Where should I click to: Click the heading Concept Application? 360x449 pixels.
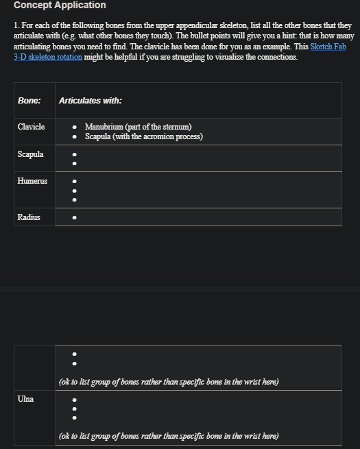tap(60, 5)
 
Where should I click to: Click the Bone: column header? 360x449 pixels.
tap(29, 101)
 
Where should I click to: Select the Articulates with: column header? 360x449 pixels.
tap(91, 101)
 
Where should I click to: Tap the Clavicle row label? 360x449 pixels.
tap(31, 127)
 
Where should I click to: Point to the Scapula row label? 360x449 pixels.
tap(30, 154)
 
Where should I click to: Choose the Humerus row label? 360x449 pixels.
tap(32, 181)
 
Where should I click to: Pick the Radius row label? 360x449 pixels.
tap(29, 217)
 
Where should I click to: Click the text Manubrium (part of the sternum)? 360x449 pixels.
tap(138, 127)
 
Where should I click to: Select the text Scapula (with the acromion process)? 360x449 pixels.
tap(143, 136)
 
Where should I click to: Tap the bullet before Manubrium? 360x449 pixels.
tap(74, 128)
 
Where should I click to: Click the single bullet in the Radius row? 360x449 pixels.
tap(74, 218)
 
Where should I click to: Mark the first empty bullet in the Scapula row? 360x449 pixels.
tap(74, 155)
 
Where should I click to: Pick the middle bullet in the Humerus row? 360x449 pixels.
tap(74, 191)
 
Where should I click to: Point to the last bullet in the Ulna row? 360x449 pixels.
tap(74, 417)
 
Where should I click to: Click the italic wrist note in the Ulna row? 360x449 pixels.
tap(169, 436)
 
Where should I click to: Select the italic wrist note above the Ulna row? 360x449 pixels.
tap(169, 382)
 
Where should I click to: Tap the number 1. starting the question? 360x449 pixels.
tap(16, 25)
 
